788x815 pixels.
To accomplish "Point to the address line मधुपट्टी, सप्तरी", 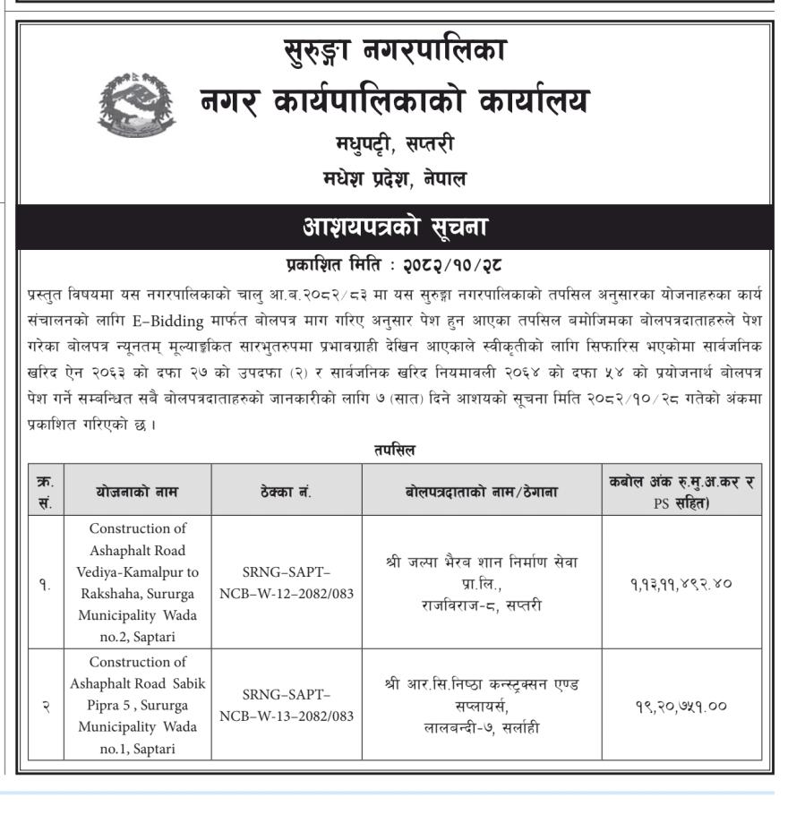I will [394, 143].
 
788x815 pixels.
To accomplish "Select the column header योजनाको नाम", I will [137, 491].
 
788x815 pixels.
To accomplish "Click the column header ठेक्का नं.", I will [286, 491].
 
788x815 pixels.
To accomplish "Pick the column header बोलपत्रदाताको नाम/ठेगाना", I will [481, 491].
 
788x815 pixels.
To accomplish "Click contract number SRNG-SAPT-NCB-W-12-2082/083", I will [286, 582].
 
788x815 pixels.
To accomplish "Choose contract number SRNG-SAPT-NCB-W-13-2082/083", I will [286, 705].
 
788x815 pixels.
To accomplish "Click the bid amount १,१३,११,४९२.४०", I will [681, 583].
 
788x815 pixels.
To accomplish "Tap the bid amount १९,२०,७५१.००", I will [681, 705].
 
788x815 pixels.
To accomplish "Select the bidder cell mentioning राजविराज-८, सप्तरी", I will [481, 583].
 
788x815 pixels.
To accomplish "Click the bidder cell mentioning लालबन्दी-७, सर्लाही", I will [481, 705].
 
